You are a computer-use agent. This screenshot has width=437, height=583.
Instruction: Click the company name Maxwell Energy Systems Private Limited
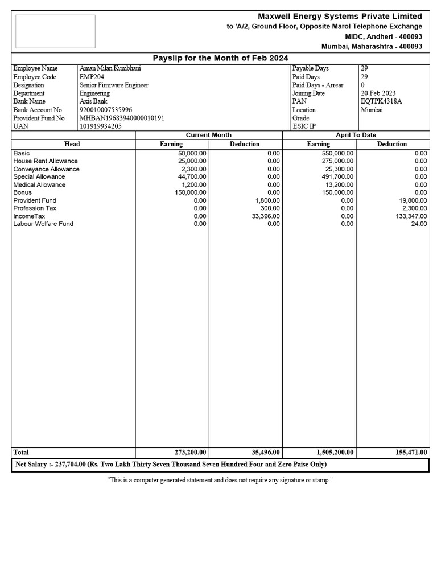tap(340, 16)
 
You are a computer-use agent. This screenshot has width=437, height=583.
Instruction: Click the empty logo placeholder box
tap(55, 31)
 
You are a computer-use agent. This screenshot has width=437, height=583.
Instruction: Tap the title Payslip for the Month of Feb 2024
tap(220, 58)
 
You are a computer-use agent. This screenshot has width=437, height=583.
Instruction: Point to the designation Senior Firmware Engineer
tap(114, 85)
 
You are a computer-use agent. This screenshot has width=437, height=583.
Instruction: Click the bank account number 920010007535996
tap(106, 110)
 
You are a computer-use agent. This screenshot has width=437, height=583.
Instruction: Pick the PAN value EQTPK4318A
tap(381, 101)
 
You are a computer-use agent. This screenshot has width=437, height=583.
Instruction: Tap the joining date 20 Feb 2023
tap(378, 93)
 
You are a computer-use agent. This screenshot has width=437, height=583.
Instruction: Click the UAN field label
tap(20, 126)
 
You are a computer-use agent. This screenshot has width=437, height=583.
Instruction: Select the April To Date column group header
tap(356, 135)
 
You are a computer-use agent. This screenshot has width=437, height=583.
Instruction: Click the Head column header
tap(72, 144)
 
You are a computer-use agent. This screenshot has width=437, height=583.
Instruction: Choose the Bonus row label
tap(23, 192)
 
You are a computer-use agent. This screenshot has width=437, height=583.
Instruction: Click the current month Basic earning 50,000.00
tap(192, 153)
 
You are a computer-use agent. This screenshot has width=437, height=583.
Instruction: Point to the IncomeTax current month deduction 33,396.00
tap(265, 216)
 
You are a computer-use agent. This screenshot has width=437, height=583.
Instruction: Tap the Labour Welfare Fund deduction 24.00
tap(419, 224)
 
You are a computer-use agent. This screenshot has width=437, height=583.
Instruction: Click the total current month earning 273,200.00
tap(190, 452)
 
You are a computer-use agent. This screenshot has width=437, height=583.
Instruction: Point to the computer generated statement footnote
tap(220, 481)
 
